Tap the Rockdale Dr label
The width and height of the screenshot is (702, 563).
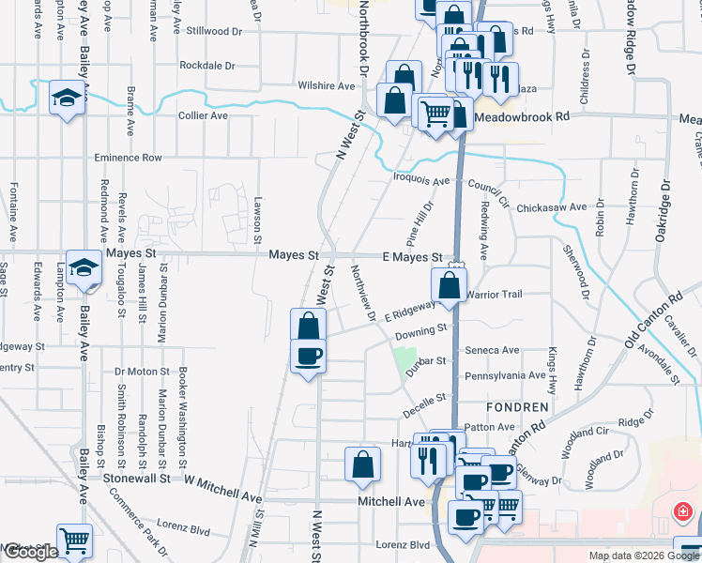(206, 66)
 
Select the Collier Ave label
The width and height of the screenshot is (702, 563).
(203, 115)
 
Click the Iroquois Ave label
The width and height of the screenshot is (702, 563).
(421, 180)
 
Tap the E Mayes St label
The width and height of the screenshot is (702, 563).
(412, 257)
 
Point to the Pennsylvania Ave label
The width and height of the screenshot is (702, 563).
(506, 375)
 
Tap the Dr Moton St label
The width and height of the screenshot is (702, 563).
(141, 371)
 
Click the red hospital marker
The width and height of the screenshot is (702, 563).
(684, 512)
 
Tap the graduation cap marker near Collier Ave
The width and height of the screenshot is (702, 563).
(67, 99)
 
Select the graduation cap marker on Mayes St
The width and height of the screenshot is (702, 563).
(84, 266)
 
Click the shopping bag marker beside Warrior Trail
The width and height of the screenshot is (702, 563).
(450, 284)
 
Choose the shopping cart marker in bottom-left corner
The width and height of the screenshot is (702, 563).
(74, 540)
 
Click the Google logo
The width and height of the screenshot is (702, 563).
(30, 553)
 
